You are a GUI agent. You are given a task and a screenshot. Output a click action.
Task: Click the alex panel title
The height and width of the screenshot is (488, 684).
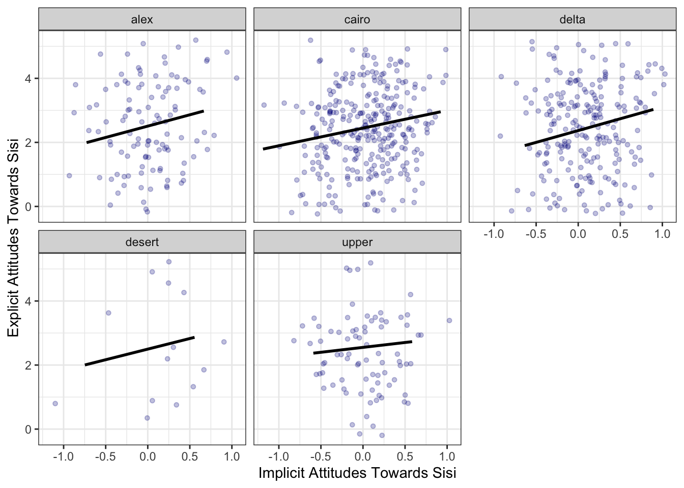(142, 20)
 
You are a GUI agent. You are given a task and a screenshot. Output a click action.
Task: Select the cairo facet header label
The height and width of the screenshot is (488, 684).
(357, 20)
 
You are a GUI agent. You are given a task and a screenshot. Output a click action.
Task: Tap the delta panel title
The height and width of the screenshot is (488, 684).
(572, 20)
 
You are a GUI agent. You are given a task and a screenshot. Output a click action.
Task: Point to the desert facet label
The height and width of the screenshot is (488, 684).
(142, 242)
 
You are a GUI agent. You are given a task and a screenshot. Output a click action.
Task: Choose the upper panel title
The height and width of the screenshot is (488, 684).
(357, 242)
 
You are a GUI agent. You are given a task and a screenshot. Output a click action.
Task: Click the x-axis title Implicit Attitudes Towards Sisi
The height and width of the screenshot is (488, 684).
(357, 473)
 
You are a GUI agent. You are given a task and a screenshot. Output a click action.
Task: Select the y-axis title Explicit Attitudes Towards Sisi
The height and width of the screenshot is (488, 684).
(14, 237)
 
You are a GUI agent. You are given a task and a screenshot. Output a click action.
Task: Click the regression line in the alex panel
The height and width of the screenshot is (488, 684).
(145, 127)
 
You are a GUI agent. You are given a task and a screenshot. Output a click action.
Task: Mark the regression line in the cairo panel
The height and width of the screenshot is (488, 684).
(351, 130)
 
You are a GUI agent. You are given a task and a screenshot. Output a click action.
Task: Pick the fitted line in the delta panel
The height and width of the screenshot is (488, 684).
(589, 128)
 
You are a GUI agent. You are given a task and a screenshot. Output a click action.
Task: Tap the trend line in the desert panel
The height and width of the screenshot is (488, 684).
(140, 351)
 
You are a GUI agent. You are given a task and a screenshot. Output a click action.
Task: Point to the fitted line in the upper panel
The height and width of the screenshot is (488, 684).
(362, 347)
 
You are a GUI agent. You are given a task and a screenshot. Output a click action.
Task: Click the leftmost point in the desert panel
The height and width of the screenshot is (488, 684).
(55, 404)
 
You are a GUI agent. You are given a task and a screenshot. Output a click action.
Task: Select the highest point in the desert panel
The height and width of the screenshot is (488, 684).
(169, 262)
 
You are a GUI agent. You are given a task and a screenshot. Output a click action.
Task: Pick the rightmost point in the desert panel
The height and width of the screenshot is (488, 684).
(224, 342)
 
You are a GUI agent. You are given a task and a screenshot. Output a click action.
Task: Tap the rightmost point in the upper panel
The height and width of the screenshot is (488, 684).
(449, 320)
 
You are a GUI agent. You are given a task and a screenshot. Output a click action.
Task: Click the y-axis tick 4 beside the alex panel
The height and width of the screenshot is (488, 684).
(28, 79)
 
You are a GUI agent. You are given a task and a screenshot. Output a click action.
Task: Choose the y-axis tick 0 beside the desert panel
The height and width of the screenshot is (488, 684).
(28, 430)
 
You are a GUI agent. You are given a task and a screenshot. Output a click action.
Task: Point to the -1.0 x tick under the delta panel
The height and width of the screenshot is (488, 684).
(493, 234)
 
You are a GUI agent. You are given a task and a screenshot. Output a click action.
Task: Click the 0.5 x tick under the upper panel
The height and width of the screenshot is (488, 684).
(405, 456)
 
